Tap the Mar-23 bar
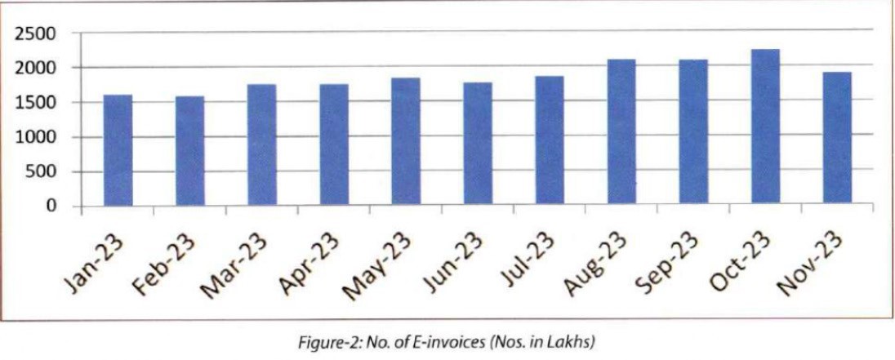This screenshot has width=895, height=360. point(262,144)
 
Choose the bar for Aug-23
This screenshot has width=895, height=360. point(621,131)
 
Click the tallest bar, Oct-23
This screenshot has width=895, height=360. point(765,127)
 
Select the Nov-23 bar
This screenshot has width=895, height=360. point(837,138)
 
